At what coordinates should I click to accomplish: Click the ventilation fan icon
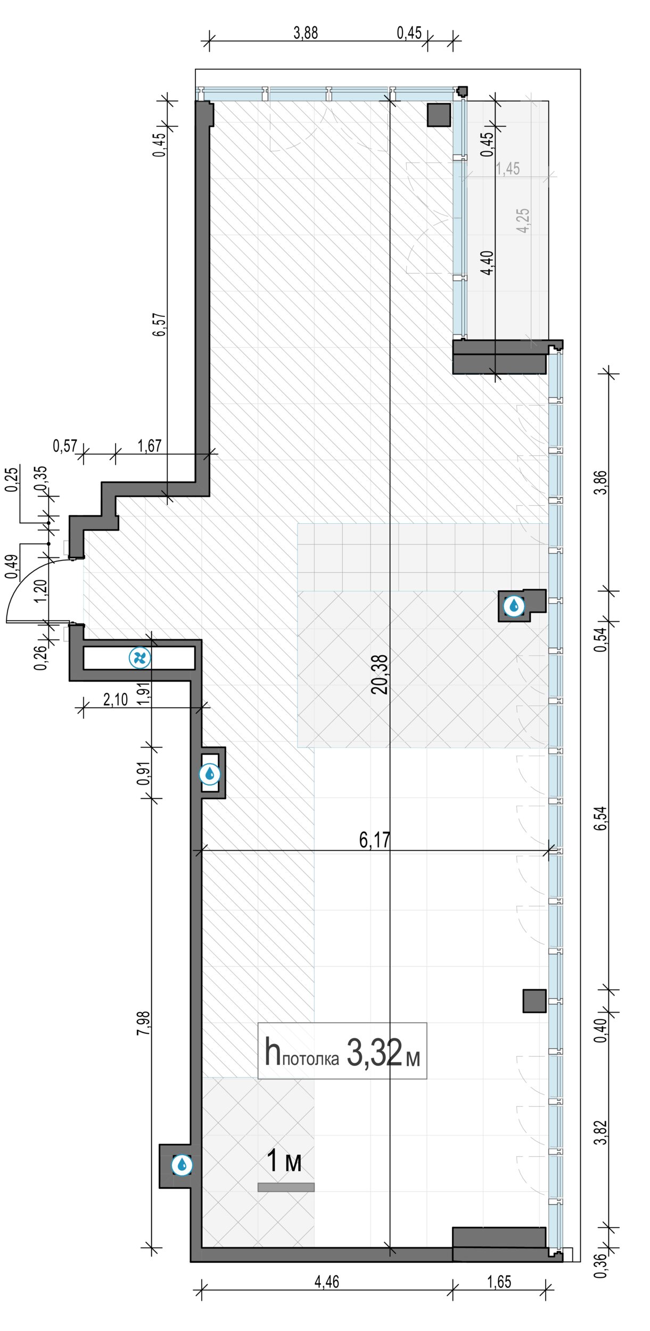(x=140, y=658)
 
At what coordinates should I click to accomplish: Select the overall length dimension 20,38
(x=380, y=675)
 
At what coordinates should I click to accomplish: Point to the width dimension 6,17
(x=375, y=840)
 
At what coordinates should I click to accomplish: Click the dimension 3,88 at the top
(x=306, y=33)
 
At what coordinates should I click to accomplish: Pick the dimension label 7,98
(x=144, y=1023)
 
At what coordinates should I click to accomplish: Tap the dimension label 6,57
(x=160, y=325)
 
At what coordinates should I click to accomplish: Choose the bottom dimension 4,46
(x=326, y=1281)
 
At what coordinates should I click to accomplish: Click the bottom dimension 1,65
(x=499, y=1281)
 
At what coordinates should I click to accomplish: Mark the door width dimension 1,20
(x=41, y=590)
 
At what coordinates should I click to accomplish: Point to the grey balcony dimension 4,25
(x=523, y=220)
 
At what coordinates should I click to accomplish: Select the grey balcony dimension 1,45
(x=508, y=169)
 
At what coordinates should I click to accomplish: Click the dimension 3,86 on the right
(x=600, y=482)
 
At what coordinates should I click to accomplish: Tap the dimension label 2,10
(x=116, y=699)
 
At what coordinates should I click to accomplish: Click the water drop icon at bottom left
(x=182, y=1165)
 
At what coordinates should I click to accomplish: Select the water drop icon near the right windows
(x=514, y=605)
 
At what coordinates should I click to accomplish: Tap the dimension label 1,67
(x=149, y=446)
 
